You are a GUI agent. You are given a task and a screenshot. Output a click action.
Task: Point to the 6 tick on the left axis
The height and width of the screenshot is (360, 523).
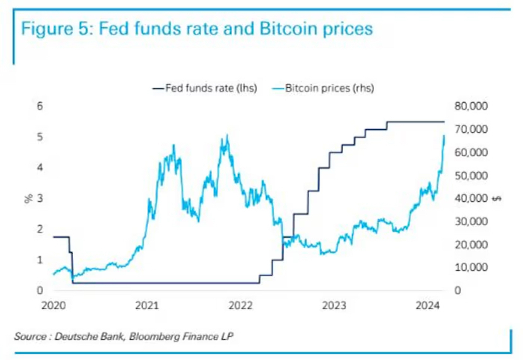(x=39, y=106)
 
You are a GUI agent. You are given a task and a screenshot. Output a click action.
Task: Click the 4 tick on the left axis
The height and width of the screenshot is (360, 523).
(x=39, y=168)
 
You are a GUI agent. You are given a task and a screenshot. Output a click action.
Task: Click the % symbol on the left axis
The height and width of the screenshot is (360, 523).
(x=28, y=199)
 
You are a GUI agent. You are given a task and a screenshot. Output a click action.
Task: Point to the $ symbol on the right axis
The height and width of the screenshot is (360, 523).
(x=497, y=199)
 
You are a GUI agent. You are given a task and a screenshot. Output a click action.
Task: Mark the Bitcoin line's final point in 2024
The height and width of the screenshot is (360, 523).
(x=444, y=136)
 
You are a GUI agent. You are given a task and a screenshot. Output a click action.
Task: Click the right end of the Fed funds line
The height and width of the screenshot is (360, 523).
(x=444, y=121)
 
